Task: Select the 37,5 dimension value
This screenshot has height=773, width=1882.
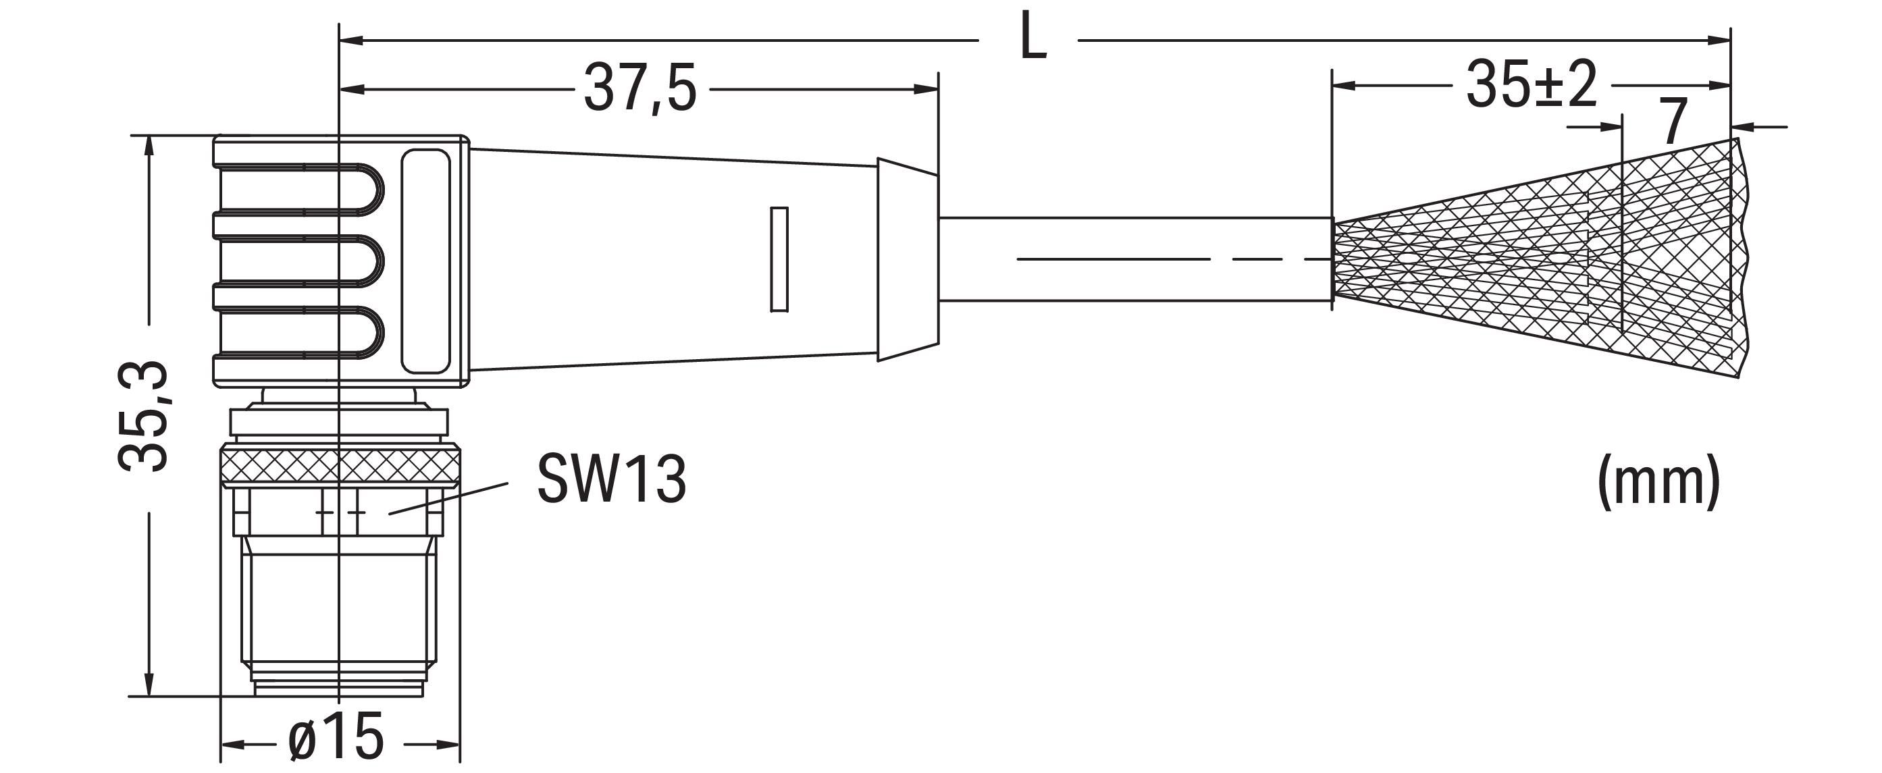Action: [x=640, y=90]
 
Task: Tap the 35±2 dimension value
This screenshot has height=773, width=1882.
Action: [x=1532, y=86]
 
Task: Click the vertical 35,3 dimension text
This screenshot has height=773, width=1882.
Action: [x=143, y=416]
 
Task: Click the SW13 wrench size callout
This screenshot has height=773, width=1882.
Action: [x=612, y=479]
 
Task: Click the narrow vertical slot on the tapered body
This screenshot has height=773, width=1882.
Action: [x=779, y=259]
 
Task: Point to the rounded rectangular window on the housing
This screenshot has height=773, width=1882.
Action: [x=426, y=261]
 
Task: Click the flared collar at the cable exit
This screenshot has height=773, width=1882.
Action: [x=908, y=259]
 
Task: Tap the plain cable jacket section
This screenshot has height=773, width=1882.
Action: [x=1135, y=259]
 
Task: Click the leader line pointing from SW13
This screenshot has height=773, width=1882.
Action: [x=448, y=498]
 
